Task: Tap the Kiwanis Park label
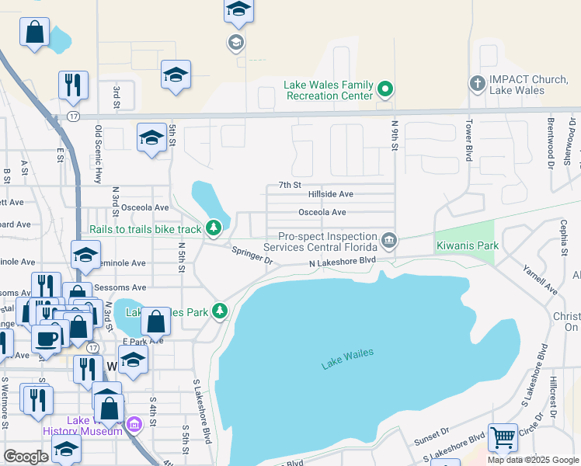[x=466, y=245]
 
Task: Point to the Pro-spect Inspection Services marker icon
[x=389, y=240]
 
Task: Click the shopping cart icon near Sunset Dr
[x=503, y=437]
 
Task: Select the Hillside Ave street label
[x=330, y=194]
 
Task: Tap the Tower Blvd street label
[x=469, y=137]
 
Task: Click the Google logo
[x=26, y=457]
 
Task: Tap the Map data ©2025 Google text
[x=532, y=460]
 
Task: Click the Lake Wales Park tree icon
[x=221, y=311]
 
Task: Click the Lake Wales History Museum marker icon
[x=134, y=425]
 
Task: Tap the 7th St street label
[x=289, y=185]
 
